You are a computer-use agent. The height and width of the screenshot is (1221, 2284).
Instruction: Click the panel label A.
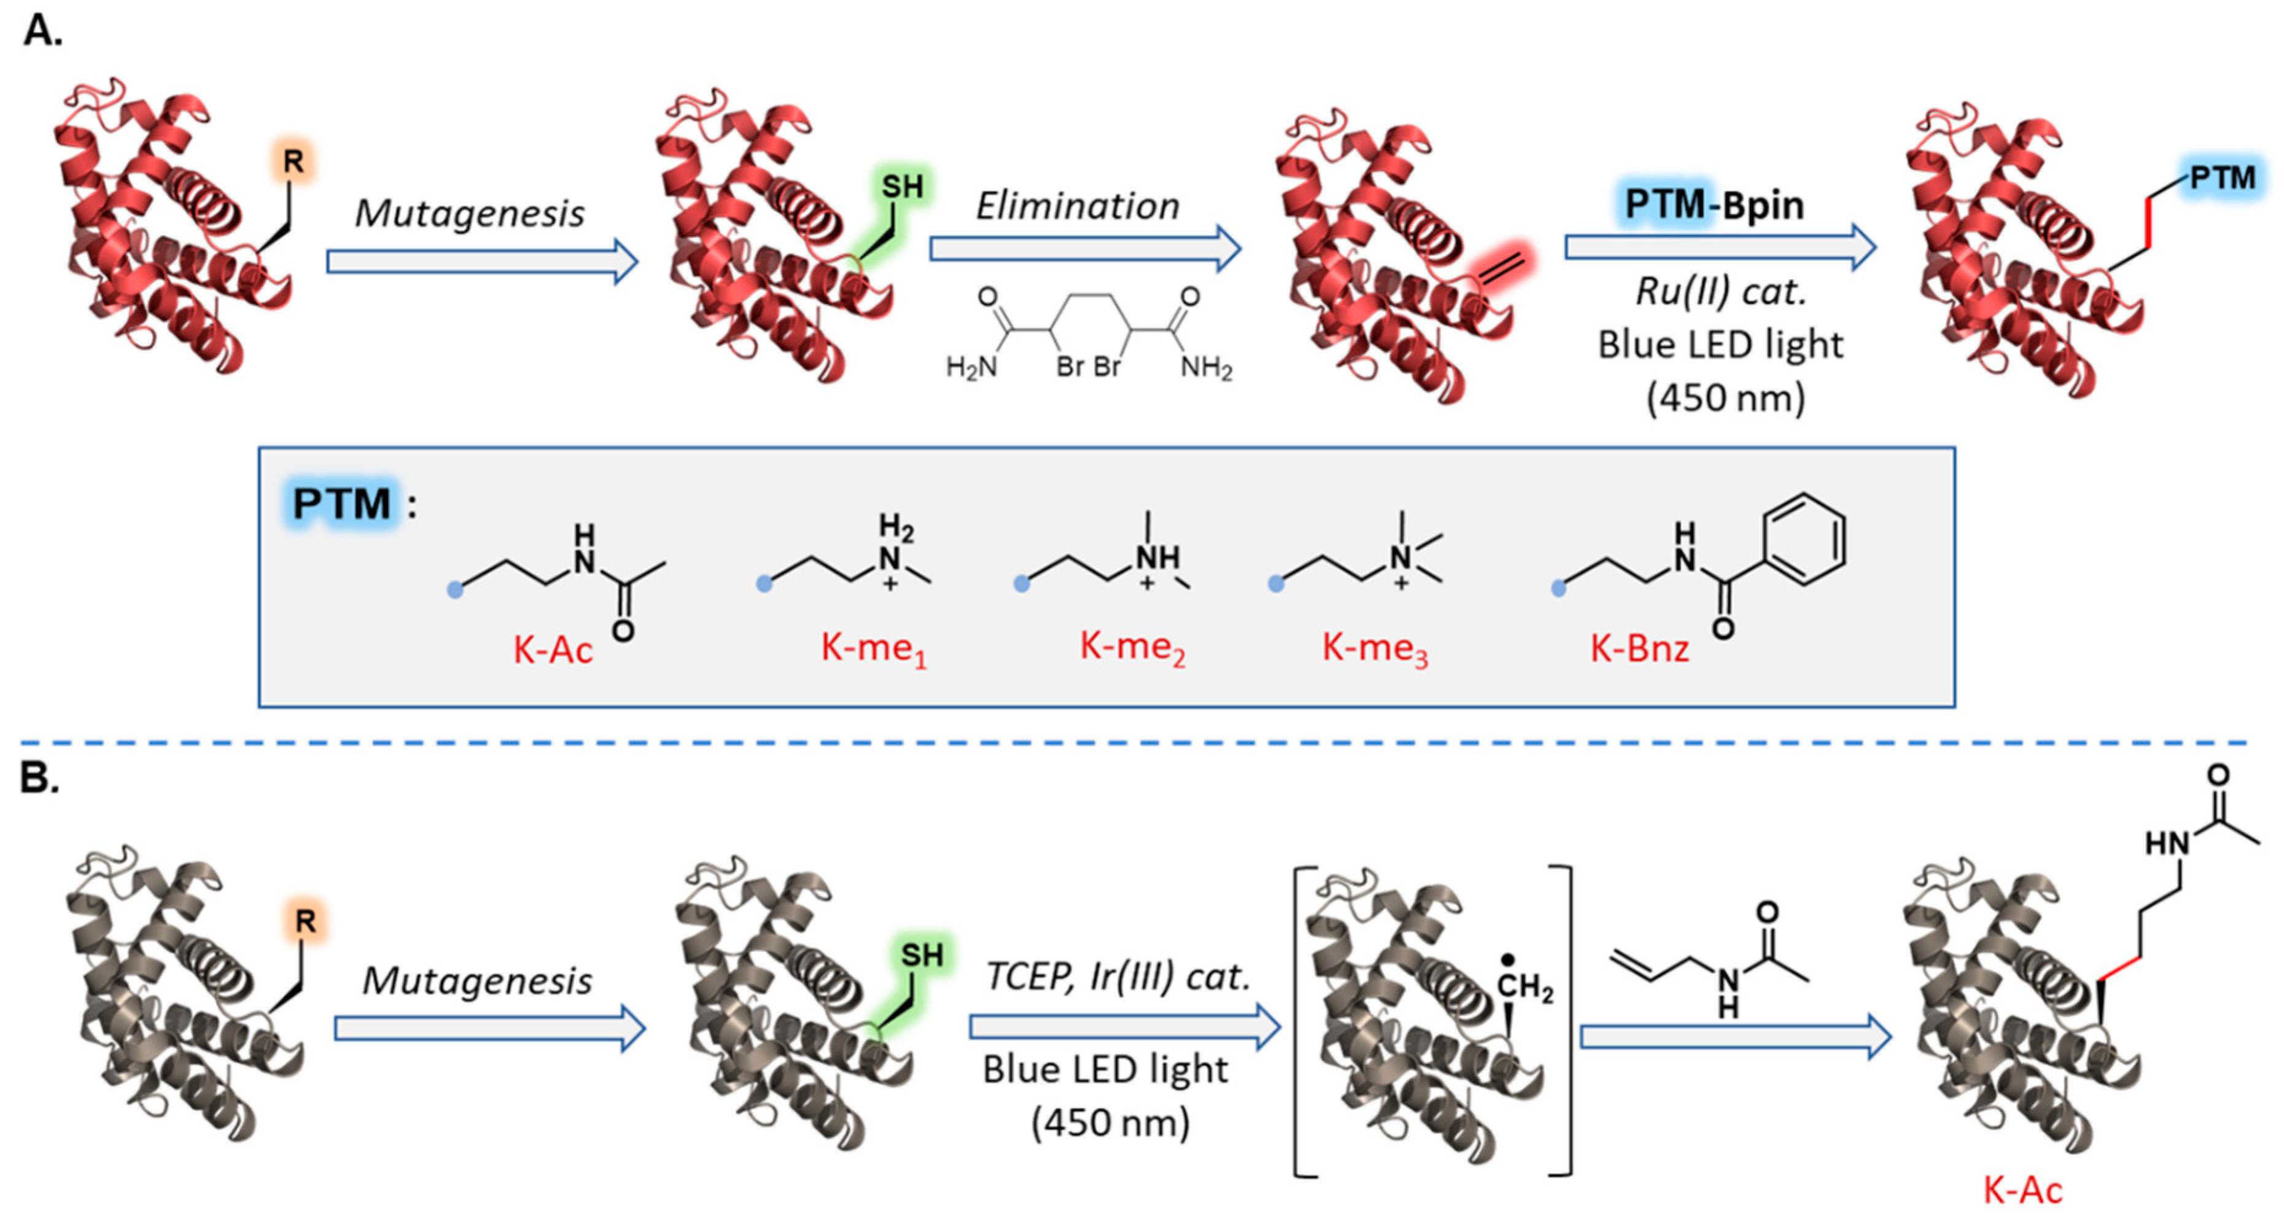coord(42,31)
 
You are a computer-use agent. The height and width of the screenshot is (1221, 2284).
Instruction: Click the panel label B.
coord(39,778)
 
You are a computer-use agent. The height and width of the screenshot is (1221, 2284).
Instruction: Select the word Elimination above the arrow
coord(1078,207)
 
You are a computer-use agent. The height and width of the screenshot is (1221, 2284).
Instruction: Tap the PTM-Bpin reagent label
coord(1713,205)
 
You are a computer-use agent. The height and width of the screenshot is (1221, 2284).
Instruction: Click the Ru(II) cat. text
coord(1720,291)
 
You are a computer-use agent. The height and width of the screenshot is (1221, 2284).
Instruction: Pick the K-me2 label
coord(1132,646)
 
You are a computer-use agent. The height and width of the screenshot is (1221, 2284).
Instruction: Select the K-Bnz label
coord(1639,649)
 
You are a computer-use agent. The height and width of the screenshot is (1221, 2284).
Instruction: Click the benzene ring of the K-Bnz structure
coord(1804,539)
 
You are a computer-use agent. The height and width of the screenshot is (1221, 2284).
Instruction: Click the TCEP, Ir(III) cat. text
coord(1117,977)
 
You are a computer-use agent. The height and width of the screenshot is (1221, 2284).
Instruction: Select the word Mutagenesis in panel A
coord(469,214)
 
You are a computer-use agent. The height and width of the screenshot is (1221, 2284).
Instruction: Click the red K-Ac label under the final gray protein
coord(2022,1190)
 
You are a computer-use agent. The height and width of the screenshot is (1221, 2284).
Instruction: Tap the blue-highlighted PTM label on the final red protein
coord(2222,178)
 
